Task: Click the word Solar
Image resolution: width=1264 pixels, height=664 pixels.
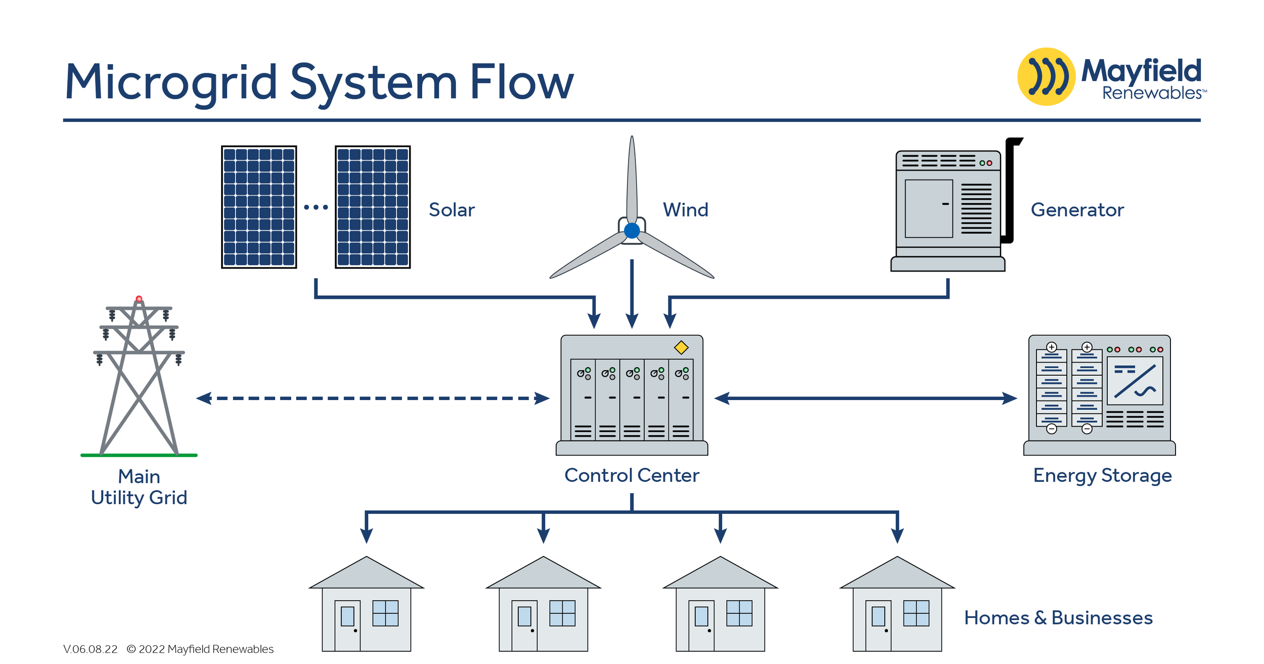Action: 452,210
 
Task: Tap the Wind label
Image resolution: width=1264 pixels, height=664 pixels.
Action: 685,210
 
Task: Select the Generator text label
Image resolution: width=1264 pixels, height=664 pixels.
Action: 1077,210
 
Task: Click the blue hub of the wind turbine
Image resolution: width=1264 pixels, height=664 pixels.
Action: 632,231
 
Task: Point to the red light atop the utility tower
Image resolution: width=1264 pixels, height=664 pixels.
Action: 139,299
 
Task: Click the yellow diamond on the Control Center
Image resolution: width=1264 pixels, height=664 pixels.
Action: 681,347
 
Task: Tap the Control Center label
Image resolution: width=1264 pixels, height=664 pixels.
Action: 631,475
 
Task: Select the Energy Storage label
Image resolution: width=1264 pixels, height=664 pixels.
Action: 1102,475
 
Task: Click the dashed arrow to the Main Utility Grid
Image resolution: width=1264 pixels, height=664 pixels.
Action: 373,399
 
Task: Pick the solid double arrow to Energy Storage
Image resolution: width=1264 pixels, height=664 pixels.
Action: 865,399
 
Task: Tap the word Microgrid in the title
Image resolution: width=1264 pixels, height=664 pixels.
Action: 171,82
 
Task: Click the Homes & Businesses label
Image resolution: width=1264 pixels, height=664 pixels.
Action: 1058,618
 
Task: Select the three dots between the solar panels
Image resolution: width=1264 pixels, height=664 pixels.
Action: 316,207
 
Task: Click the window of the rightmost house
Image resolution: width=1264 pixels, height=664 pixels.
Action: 916,613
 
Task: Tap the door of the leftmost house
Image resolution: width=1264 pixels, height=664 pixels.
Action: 347,625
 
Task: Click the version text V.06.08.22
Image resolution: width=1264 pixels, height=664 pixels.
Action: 90,649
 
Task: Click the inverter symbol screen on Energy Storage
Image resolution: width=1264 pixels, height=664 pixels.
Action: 1135,381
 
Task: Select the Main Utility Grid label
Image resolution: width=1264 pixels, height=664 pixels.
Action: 139,488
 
